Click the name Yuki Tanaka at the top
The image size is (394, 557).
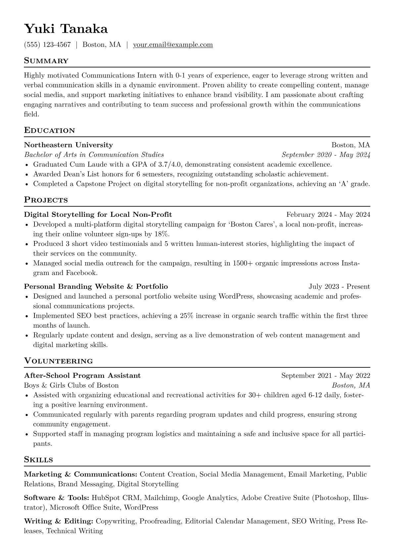tap(66, 29)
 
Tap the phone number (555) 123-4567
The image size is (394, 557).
tap(47, 45)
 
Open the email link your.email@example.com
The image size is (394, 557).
tap(173, 45)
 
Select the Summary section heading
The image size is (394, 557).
tap(46, 61)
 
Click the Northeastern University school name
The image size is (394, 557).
tap(68, 145)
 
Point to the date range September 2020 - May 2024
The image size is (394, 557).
tap(326, 155)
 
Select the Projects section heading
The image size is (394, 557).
tap(46, 200)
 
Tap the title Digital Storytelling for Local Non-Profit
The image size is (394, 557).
tap(98, 214)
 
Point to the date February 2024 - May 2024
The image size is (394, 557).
tap(328, 214)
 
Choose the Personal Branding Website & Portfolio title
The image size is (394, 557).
tap(96, 287)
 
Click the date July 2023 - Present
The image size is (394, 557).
tap(339, 287)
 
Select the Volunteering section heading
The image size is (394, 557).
tap(58, 361)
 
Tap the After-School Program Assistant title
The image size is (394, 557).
tap(82, 376)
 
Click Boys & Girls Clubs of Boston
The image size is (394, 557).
tap(71, 385)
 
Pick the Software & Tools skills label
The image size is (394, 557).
tap(56, 498)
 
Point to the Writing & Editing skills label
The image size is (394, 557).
tap(58, 521)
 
